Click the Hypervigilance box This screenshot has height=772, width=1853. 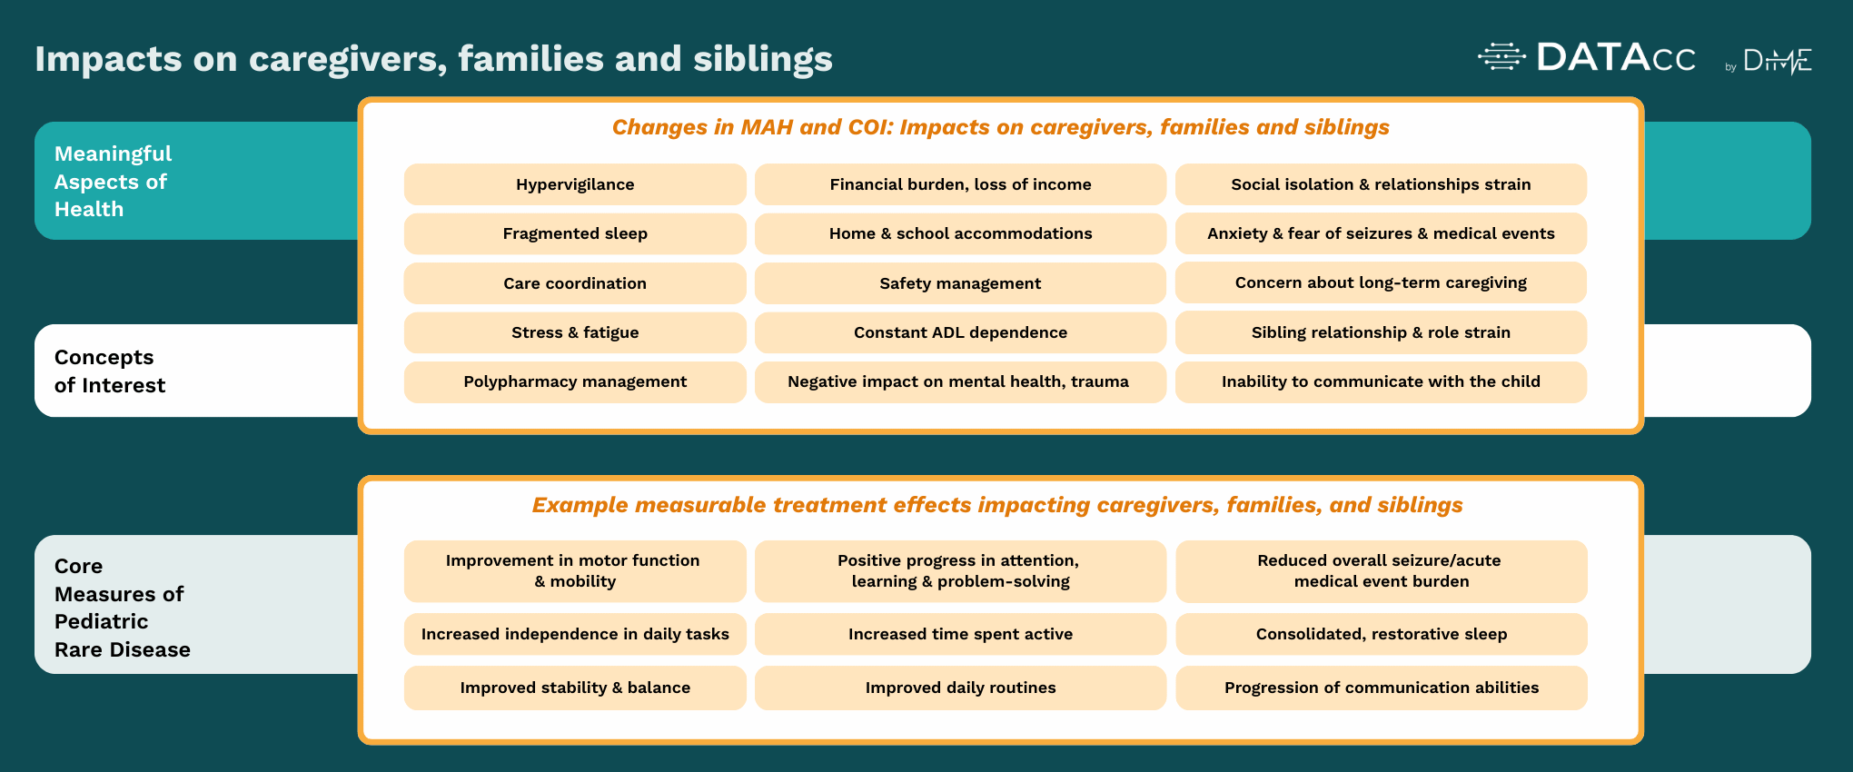(x=575, y=184)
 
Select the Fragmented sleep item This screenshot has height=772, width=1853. (x=575, y=233)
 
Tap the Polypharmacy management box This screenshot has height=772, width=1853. (x=575, y=381)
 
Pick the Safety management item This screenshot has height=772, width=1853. (x=960, y=283)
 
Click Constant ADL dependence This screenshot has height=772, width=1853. (x=960, y=332)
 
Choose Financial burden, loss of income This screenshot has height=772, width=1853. (x=960, y=184)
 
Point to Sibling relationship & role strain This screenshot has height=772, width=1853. (x=1381, y=332)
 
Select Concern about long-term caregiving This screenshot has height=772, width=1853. (x=1381, y=282)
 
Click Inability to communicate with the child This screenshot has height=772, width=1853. (x=1381, y=381)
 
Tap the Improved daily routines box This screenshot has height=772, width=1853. (x=960, y=688)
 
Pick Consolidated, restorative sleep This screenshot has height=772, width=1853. (x=1381, y=634)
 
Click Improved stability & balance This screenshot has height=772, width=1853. (x=575, y=688)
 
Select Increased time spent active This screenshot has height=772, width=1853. (x=960, y=634)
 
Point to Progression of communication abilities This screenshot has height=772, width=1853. (x=1381, y=688)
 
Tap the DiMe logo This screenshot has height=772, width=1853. (x=1777, y=61)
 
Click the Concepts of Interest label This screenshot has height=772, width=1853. (x=110, y=371)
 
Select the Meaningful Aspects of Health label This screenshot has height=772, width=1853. (x=113, y=181)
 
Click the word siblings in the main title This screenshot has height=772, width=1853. (x=763, y=59)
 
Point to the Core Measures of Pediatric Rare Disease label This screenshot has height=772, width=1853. (x=122, y=607)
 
